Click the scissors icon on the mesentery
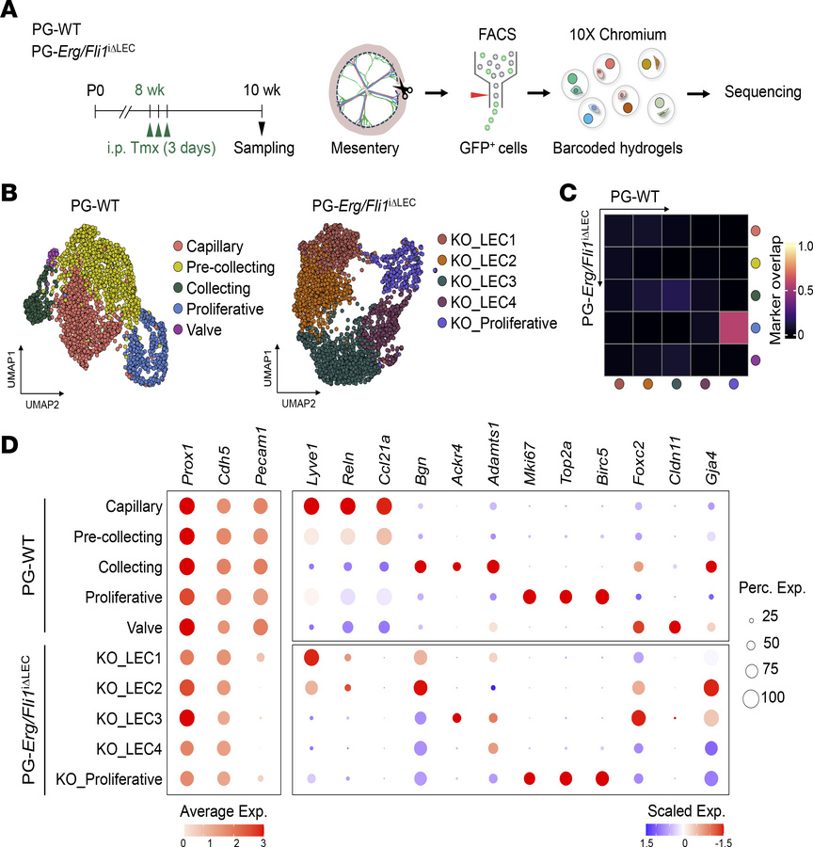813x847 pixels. click(x=406, y=91)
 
